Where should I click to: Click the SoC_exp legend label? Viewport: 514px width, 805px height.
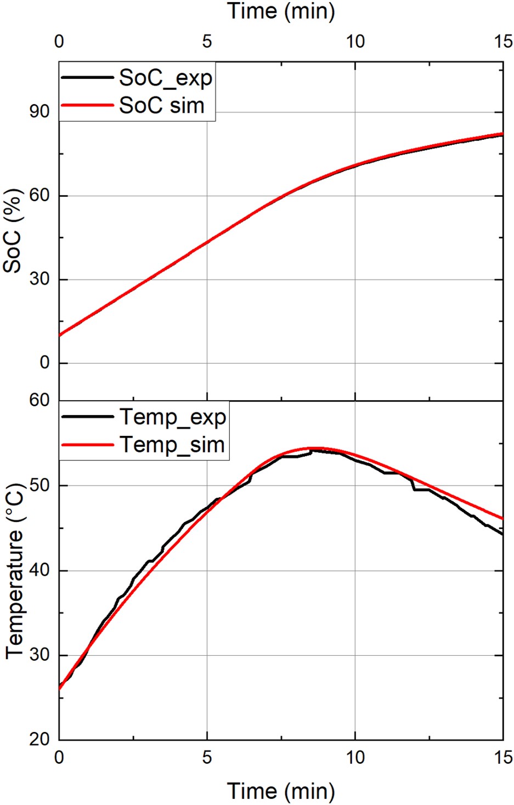165,78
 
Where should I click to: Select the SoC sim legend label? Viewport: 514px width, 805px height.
161,105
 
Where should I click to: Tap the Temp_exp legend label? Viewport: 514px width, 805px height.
172,417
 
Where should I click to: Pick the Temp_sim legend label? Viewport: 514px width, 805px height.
172,444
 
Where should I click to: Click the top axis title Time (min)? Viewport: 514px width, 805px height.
281,12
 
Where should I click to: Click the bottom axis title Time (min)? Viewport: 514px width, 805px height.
281,791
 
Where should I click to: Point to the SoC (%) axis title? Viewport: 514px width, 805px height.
13,230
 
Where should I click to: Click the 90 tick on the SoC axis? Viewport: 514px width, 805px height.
39,112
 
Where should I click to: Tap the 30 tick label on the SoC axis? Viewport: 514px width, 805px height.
39,279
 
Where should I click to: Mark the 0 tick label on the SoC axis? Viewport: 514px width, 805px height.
44,362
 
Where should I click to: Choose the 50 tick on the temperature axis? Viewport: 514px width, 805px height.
39,486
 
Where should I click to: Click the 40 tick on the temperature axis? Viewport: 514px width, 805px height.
39,570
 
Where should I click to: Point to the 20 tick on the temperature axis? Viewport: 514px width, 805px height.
39,740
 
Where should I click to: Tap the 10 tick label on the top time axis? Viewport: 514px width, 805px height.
355,42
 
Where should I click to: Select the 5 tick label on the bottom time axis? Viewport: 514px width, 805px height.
207,758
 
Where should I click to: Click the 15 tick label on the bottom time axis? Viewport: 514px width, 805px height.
502,758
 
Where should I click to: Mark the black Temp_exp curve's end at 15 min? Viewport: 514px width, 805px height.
502,534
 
